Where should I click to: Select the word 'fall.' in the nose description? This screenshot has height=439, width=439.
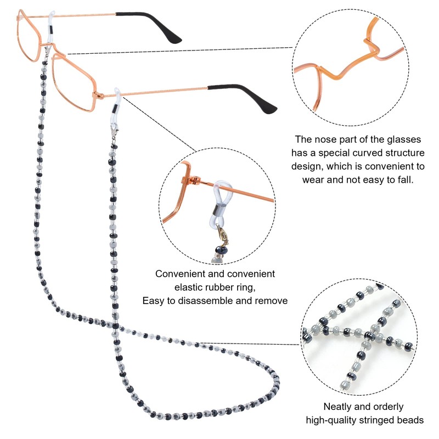point(405,179)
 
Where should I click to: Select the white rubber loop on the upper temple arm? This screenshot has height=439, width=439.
point(50,27)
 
